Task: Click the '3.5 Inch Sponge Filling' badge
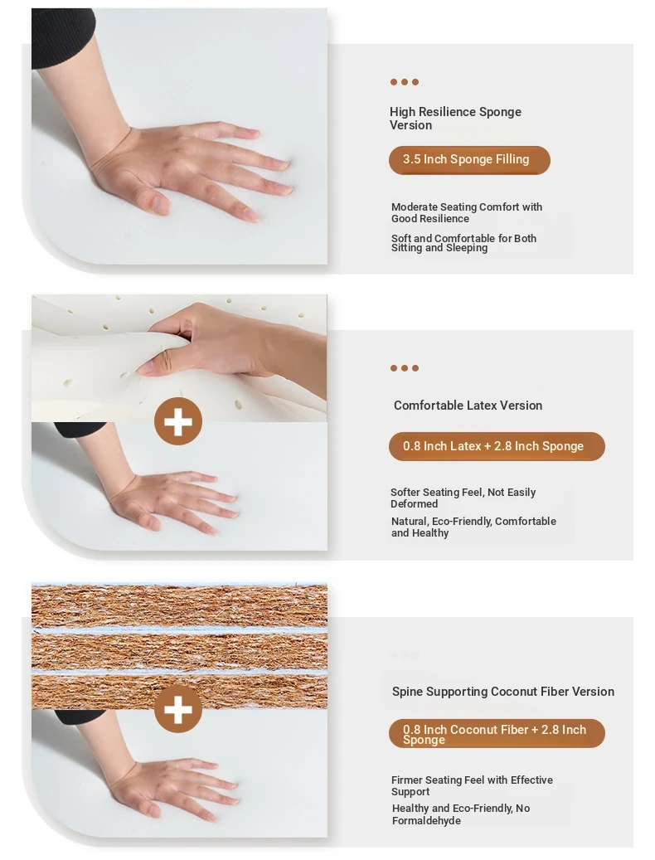click(x=469, y=160)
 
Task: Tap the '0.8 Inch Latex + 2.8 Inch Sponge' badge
click(x=497, y=446)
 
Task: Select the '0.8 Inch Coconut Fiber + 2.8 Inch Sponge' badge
click(x=497, y=733)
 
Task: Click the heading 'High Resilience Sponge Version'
click(x=455, y=119)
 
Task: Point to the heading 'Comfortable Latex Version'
click(x=468, y=406)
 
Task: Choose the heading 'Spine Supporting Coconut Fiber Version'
click(x=503, y=692)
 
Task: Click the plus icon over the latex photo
click(x=178, y=421)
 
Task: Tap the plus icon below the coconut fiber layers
click(x=178, y=708)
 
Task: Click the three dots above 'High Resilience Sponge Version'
click(x=405, y=82)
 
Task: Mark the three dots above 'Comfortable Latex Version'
click(x=405, y=368)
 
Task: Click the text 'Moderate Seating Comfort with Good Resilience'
click(x=467, y=213)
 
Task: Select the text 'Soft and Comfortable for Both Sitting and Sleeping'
click(x=463, y=243)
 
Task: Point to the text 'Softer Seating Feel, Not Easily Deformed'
click(x=463, y=498)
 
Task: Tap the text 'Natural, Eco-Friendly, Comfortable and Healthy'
click(x=473, y=527)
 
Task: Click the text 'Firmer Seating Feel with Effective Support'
click(x=472, y=785)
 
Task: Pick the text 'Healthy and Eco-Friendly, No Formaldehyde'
click(x=461, y=814)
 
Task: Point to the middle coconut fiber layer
click(x=179, y=652)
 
